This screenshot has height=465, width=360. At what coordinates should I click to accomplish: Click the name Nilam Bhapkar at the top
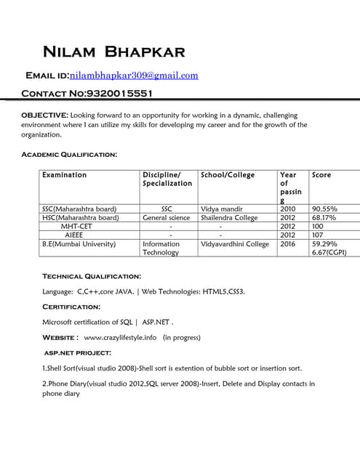(x=114, y=52)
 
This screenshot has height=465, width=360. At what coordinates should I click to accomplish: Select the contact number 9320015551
(x=119, y=94)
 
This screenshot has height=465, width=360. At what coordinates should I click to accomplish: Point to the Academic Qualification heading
(x=69, y=154)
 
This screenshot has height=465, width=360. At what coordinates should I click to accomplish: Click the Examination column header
(x=65, y=175)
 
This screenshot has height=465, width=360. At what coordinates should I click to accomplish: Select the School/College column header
(x=228, y=175)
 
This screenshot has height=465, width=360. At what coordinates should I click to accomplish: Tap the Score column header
(x=321, y=175)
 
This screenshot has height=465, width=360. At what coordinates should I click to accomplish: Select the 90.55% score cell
(x=324, y=209)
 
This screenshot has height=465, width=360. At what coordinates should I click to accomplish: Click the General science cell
(x=167, y=217)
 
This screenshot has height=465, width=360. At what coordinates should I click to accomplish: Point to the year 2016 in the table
(x=288, y=244)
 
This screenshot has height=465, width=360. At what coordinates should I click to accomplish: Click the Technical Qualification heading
(x=92, y=276)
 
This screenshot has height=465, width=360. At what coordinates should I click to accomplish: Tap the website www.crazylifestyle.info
(x=121, y=337)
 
